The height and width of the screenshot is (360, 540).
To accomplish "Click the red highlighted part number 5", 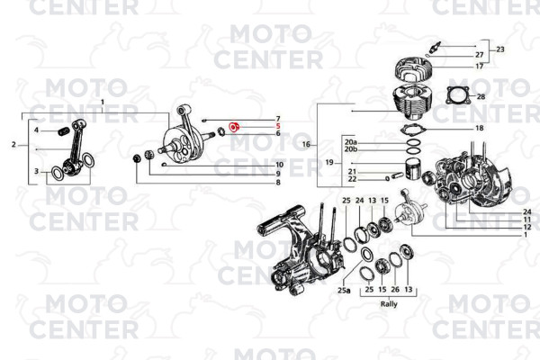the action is point(278,126).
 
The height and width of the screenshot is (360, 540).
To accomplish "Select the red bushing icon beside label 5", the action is point(234,127).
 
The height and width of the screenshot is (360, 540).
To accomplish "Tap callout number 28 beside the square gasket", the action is point(481,97).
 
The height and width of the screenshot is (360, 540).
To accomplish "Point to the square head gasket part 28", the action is point(458,95).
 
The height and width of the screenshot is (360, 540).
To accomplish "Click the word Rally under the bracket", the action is point(389,304).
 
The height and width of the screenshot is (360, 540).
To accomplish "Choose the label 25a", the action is point(344,291).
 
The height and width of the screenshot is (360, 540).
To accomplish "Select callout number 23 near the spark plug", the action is point(500,49).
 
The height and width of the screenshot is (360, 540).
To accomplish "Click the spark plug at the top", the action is point(435,47).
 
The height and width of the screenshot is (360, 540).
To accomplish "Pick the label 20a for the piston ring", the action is point(351,142).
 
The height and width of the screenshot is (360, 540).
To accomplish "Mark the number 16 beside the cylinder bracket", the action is point(306,144).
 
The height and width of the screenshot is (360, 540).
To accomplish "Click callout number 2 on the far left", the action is point(13,145).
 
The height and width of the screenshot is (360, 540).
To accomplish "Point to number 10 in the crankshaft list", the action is point(279,165).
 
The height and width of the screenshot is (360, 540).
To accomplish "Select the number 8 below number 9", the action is point(278,183).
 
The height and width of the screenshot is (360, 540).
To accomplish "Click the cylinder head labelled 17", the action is point(414,70).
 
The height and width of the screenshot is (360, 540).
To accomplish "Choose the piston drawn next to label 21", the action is point(416,168).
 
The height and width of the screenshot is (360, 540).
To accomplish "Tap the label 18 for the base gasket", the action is point(480,128).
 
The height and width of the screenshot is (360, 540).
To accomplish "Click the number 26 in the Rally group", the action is point(395,290).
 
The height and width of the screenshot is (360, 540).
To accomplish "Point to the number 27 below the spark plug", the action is point(480,55).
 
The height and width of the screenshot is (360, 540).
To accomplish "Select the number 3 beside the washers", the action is point(36,171).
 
